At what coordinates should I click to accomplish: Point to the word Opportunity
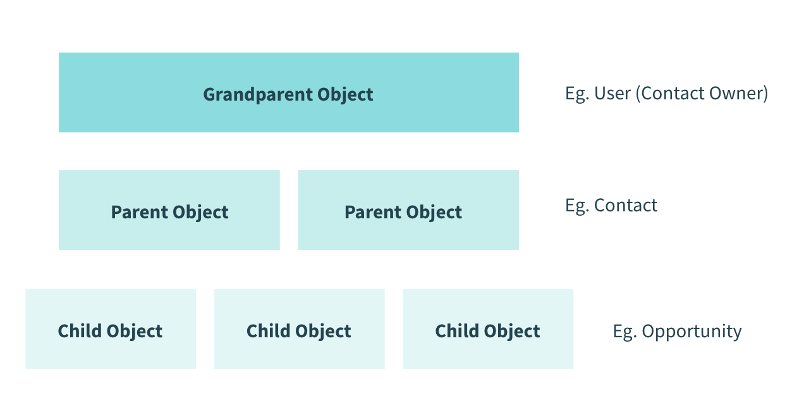pyautogui.click(x=691, y=332)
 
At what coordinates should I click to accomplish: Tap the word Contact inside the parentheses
pyautogui.click(x=669, y=94)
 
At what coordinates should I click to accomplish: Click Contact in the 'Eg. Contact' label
pyautogui.click(x=626, y=206)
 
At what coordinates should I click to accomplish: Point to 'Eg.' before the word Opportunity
pyautogui.click(x=624, y=332)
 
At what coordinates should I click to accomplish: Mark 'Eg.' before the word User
pyautogui.click(x=576, y=94)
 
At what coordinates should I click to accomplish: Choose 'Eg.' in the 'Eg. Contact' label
pyautogui.click(x=576, y=206)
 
